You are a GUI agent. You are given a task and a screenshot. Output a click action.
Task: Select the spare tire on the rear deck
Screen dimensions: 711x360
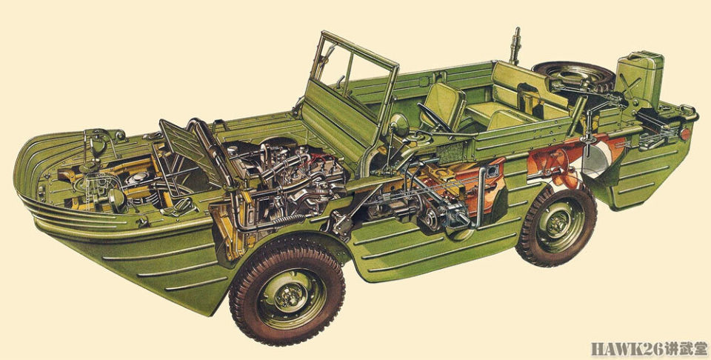point(573,75)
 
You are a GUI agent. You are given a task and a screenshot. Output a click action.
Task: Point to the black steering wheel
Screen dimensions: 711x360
point(433,118)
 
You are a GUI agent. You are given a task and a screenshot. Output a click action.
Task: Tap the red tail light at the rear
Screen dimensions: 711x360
point(684,134)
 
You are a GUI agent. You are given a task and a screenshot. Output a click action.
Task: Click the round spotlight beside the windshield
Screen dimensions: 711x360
point(399,124)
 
